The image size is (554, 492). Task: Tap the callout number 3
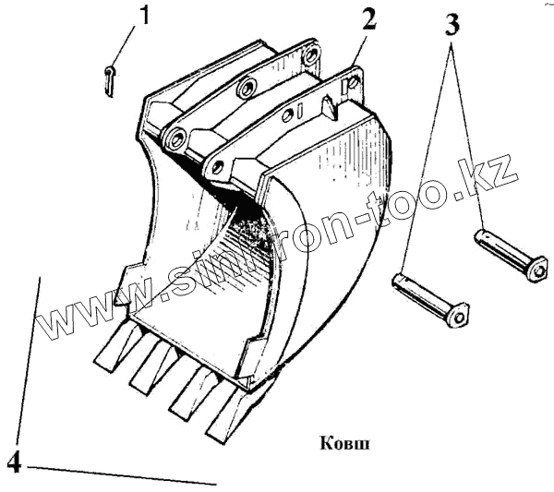pos(452,25)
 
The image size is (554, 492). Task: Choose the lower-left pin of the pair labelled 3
pos(429,298)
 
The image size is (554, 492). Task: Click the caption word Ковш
pos(344,442)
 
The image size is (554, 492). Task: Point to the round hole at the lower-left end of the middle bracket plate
pos(173,139)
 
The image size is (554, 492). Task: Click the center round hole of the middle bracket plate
pos(246,89)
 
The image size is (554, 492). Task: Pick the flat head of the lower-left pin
pos(457,315)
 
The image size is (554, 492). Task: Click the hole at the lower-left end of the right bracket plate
pos(218,168)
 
